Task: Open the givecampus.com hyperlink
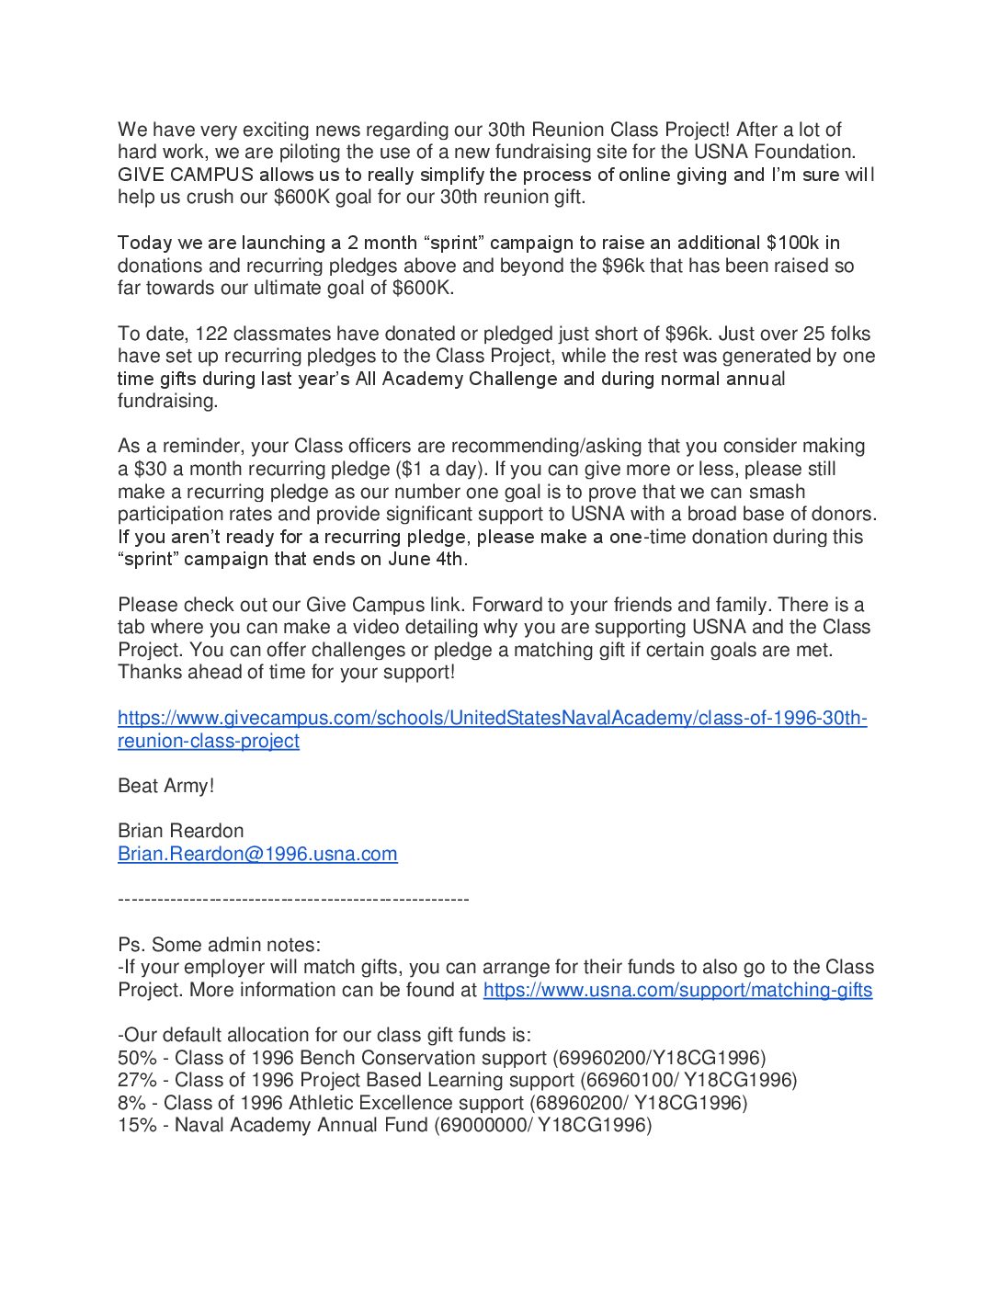click(492, 718)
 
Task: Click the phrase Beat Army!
click(165, 786)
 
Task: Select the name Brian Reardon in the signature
click(180, 831)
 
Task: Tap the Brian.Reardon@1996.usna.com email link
click(257, 854)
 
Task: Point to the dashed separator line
click(293, 899)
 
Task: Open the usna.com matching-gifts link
click(677, 990)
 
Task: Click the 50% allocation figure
click(137, 1058)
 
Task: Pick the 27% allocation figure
click(137, 1080)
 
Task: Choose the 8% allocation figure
click(131, 1103)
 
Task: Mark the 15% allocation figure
click(137, 1125)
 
